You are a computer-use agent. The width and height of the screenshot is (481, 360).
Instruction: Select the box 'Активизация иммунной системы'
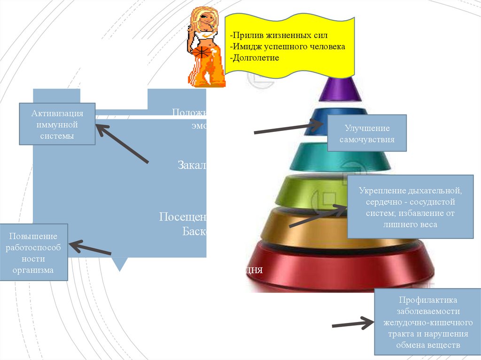pyautogui.click(x=57, y=124)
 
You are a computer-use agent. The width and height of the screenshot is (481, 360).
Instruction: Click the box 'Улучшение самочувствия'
pyautogui.click(x=367, y=134)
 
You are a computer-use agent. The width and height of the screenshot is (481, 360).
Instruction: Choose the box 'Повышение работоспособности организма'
pyautogui.click(x=34, y=253)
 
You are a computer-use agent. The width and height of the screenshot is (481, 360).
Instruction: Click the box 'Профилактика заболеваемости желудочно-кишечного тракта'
pyautogui.click(x=427, y=322)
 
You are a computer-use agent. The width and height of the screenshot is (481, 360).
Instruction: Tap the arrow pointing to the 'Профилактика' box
pyautogui.click(x=352, y=324)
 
